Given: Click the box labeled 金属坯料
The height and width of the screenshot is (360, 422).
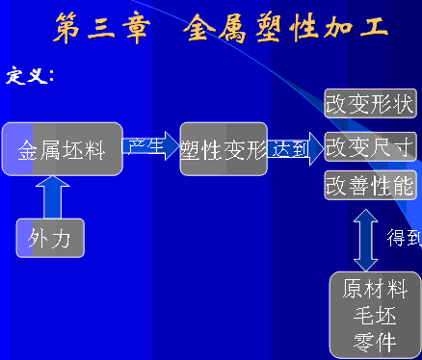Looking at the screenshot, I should tap(62, 149).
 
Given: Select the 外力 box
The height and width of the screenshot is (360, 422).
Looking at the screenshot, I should tap(50, 238).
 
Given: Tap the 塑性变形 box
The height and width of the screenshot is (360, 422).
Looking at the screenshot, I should tap(224, 149).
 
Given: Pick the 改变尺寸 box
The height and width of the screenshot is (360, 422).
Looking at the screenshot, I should tap(370, 146).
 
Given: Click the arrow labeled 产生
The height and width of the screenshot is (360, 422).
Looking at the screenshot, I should tap(151, 146).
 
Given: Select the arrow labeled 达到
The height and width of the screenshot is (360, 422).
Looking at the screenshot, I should tap(293, 148).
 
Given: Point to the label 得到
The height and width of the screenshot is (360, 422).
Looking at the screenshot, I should tap(404, 238).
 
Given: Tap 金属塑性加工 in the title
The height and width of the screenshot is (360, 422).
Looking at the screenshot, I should tap(287, 28).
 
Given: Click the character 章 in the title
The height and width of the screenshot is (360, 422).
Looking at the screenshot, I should tap(135, 28).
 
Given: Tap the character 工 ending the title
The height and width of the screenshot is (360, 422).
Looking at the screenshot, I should tap(374, 28).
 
